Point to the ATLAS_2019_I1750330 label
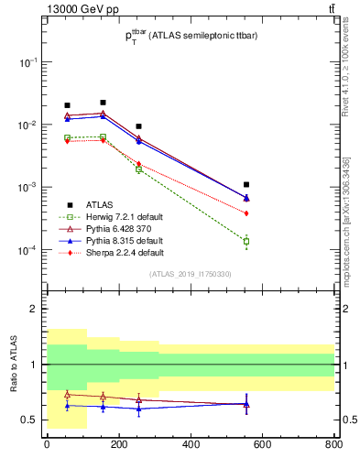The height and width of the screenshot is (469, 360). [x=191, y=274]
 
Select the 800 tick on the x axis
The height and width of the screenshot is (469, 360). [x=333, y=445]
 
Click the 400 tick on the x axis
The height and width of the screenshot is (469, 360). [x=191, y=445]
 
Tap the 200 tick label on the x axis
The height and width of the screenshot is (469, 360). [x=118, y=445]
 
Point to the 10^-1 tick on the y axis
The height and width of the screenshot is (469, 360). [x=30, y=61]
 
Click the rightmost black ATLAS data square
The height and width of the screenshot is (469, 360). [x=245, y=184]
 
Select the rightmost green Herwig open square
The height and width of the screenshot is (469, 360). [x=245, y=242]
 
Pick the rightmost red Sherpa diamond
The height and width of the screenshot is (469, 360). [x=245, y=213]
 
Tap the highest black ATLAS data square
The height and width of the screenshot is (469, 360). [x=103, y=102]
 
